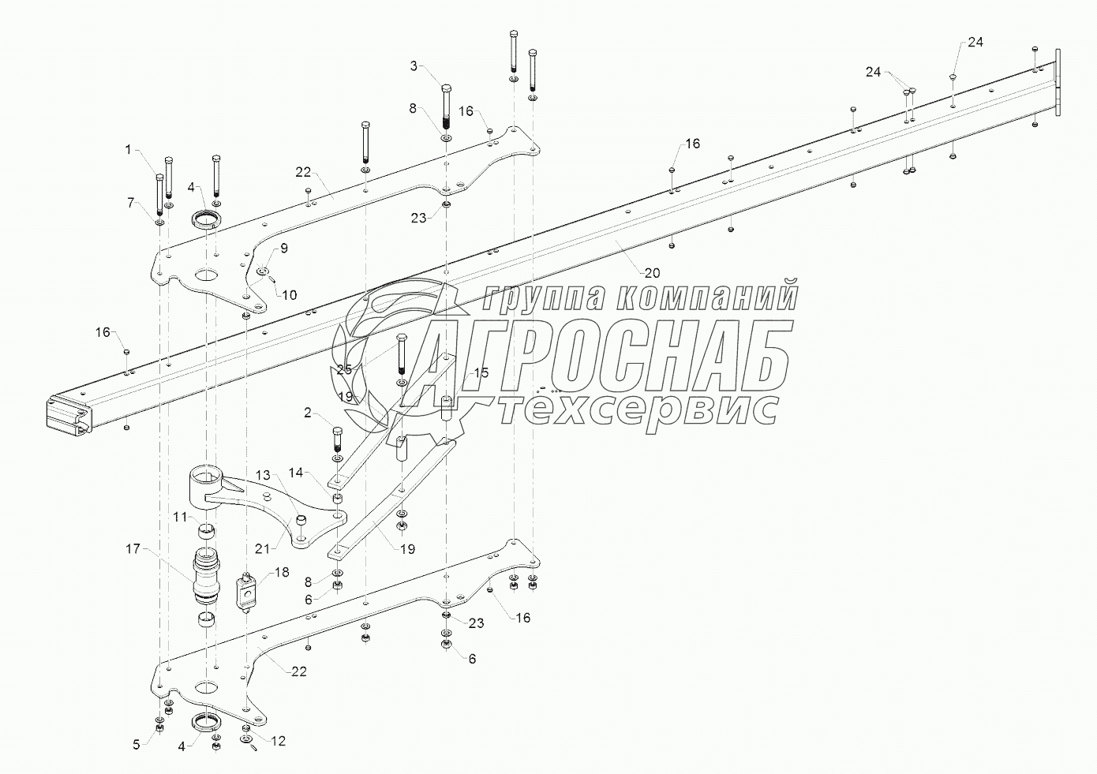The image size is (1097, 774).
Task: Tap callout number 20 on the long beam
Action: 651,273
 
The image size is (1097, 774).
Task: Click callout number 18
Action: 282,571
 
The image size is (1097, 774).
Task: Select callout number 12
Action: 279,741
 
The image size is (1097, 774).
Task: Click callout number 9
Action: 283,248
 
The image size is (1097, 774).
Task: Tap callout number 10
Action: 290,295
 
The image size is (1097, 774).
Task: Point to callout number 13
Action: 261,475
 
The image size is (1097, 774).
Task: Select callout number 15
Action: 481,372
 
